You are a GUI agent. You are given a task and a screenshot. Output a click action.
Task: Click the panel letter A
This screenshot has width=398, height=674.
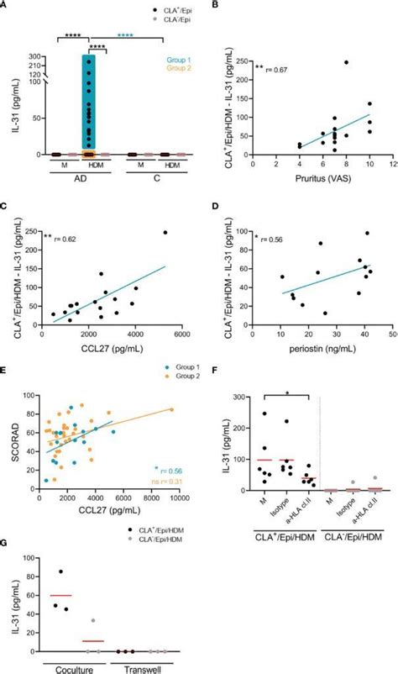pyautogui.click(x=5, y=6)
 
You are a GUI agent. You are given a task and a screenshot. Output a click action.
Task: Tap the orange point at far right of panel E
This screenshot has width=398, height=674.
pyautogui.click(x=171, y=409)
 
